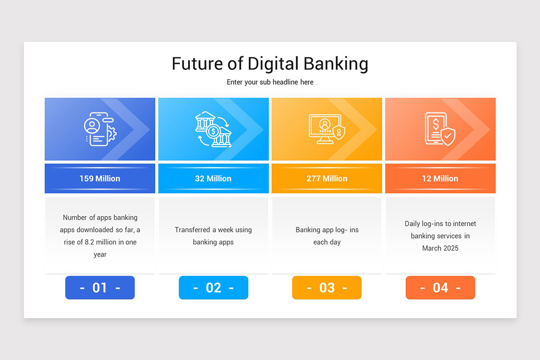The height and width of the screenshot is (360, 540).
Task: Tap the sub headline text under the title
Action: coord(270,82)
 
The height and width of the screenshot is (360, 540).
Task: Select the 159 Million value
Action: coord(100,179)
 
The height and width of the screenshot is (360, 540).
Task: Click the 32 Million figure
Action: coord(213,179)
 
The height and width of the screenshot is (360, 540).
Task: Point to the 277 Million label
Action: coord(327,179)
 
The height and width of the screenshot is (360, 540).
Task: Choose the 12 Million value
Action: coord(440,179)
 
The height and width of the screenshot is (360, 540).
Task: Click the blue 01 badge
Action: coord(100,288)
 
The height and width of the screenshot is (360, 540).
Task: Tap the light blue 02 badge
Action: coord(213,288)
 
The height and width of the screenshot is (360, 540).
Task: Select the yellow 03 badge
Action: coord(327,288)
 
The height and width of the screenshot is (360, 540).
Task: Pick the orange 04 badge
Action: coord(440,288)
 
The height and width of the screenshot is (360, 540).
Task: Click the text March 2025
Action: coord(440,248)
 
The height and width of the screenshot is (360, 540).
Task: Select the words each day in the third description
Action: coord(327,242)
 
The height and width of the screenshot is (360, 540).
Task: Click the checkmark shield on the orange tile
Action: coord(448,136)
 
